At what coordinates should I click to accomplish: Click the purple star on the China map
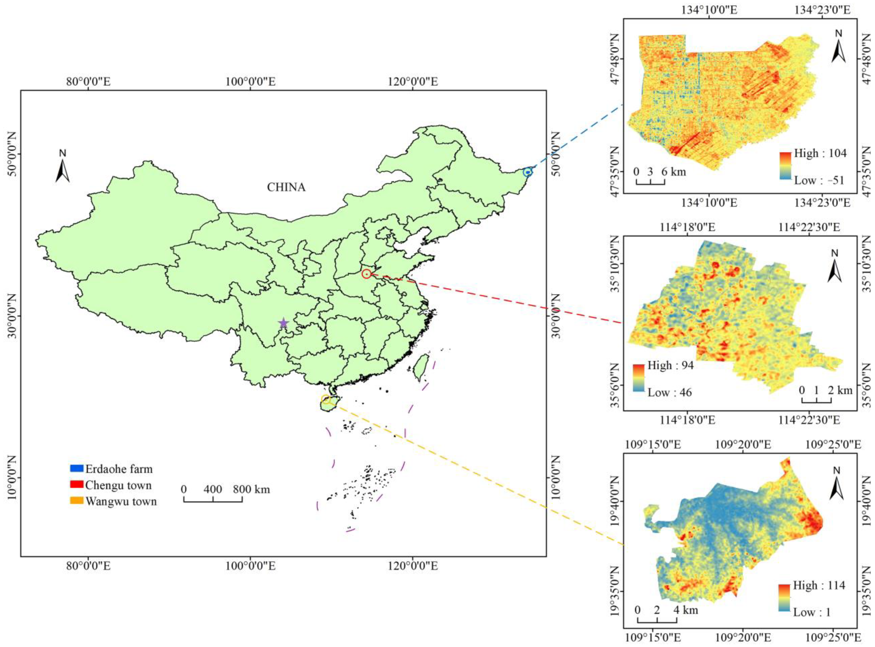[x=283, y=323]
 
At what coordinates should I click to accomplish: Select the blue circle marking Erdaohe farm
[x=528, y=172]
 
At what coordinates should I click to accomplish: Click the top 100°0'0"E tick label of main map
[x=250, y=81]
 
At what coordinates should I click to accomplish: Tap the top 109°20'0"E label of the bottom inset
[x=743, y=444]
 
